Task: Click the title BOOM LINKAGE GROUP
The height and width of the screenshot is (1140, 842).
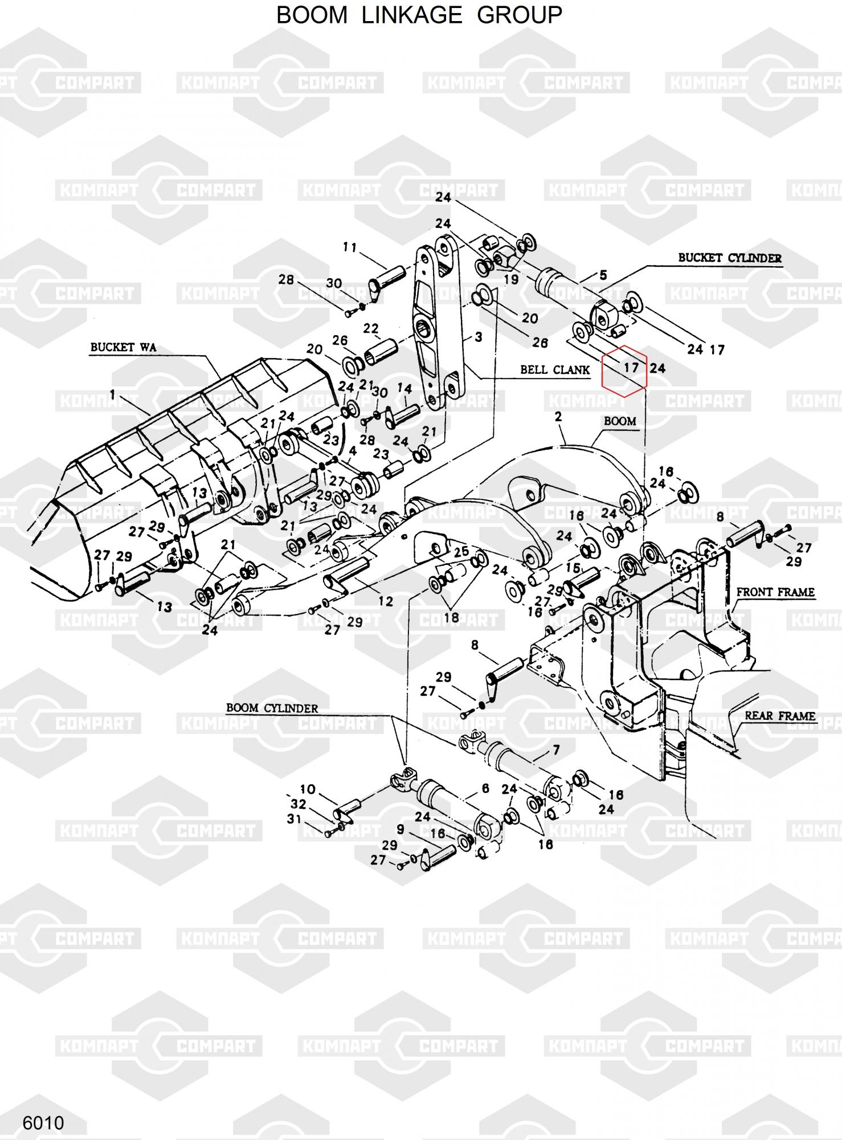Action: click(419, 15)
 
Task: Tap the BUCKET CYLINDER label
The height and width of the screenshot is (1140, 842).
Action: click(729, 258)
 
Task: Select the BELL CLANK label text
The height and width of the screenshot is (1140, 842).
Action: click(554, 369)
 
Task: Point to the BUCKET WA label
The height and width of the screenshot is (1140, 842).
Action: click(123, 347)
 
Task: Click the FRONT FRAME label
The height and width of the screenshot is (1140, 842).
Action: click(775, 592)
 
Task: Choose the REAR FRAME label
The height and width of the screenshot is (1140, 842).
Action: click(780, 715)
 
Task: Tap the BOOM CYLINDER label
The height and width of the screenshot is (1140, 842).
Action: click(272, 708)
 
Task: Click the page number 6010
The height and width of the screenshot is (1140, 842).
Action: click(43, 1123)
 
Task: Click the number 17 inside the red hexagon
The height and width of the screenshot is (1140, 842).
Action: click(631, 368)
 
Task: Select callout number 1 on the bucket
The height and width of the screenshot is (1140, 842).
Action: click(113, 394)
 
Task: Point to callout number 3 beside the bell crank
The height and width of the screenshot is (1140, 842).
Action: click(478, 337)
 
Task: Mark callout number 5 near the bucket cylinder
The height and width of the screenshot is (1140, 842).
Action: click(603, 276)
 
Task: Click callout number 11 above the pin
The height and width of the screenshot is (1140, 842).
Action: click(349, 247)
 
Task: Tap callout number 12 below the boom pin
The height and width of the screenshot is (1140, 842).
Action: click(386, 601)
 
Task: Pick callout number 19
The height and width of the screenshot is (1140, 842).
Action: click(511, 279)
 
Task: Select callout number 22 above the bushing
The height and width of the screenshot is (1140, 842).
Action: click(371, 328)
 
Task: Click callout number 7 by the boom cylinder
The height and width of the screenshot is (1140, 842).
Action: click(555, 750)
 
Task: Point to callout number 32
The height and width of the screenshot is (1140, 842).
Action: click(298, 804)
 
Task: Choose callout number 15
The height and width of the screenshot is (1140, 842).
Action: click(573, 568)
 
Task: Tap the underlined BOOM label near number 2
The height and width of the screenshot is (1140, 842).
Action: click(620, 421)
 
